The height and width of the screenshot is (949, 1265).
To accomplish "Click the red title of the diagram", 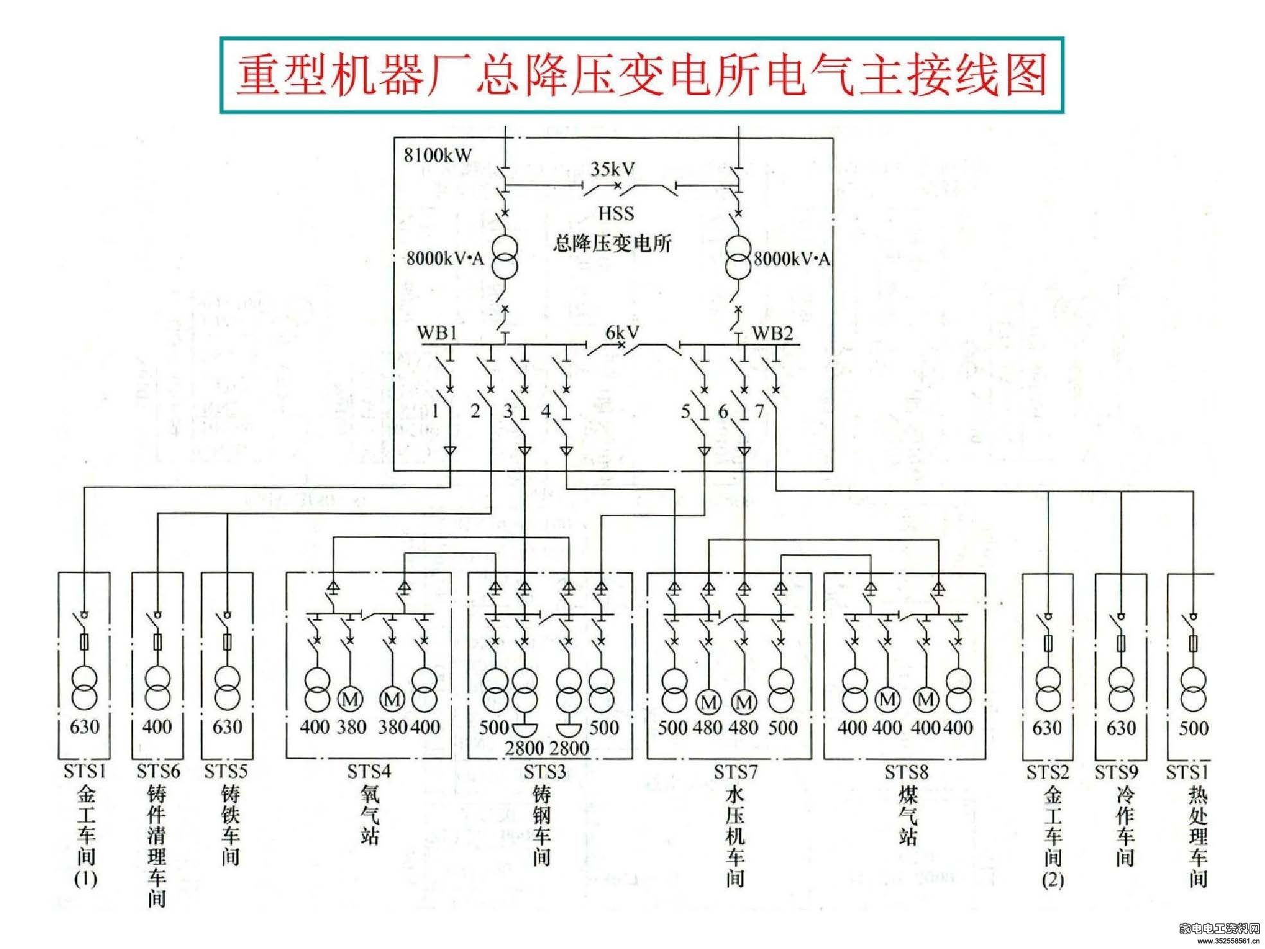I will coord(641,75).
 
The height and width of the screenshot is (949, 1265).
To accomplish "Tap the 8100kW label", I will coord(437,155).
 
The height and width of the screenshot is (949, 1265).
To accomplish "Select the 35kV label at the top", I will coord(613,169).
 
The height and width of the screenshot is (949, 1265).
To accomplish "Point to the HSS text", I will coord(616,213).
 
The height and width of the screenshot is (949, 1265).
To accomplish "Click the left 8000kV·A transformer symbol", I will coord(505,257).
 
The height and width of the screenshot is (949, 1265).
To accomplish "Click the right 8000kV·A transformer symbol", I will coord(738,257).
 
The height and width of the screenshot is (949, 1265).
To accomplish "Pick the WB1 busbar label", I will coord(437,333).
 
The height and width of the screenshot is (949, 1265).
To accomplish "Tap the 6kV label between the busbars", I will coord(622,332).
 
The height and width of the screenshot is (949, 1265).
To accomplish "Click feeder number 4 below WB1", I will coord(546,411).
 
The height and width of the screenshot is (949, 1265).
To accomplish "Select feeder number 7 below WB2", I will coord(760,411).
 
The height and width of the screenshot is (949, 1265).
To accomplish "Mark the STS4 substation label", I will coord(369,771).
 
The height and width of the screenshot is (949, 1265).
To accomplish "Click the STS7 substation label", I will coord(735,772).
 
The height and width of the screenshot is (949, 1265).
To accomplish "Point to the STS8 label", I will coord(906,772).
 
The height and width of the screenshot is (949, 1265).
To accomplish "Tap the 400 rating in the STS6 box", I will coord(157,727).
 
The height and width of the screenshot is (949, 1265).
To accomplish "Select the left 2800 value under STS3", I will coord(525,748).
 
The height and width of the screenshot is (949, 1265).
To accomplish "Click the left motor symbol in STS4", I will coord(351,699).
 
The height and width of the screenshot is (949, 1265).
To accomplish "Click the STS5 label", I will coord(226,771).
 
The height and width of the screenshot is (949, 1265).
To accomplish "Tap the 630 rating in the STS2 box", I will coord(1047,728).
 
